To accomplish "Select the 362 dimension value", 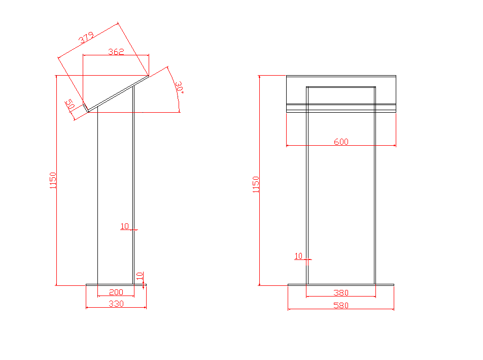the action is click(116, 51).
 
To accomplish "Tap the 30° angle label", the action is click(179, 87).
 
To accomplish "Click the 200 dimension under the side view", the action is click(116, 292).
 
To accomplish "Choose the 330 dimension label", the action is click(116, 304).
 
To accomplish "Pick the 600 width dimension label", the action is click(341, 142).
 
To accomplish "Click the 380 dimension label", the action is click(341, 292).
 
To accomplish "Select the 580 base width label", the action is click(341, 305).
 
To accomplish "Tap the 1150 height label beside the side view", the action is click(53, 181).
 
